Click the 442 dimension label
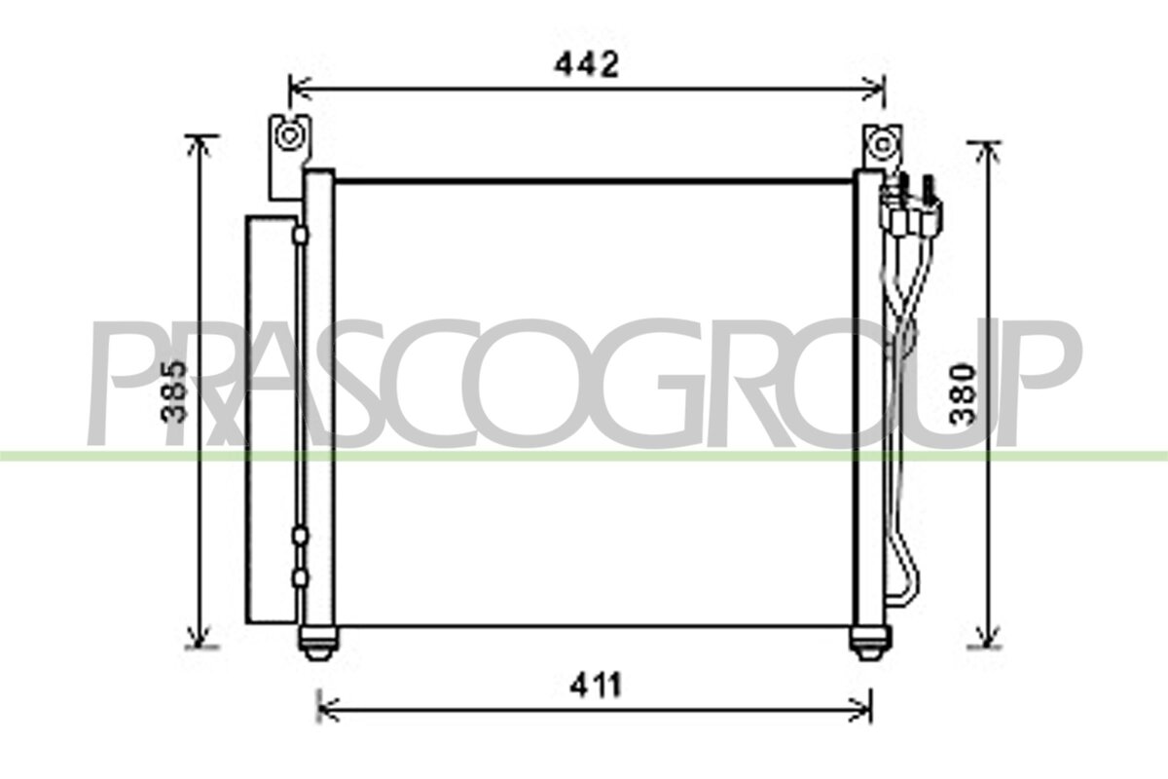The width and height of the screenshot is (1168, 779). [x=587, y=64]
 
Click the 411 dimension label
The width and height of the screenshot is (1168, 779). [x=596, y=686]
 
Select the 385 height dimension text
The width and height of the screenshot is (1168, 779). [x=173, y=391]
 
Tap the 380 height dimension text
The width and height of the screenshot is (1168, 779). [x=962, y=395]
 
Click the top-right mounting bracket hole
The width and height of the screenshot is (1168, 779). [x=882, y=145]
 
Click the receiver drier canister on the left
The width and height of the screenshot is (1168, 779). [x=272, y=420]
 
